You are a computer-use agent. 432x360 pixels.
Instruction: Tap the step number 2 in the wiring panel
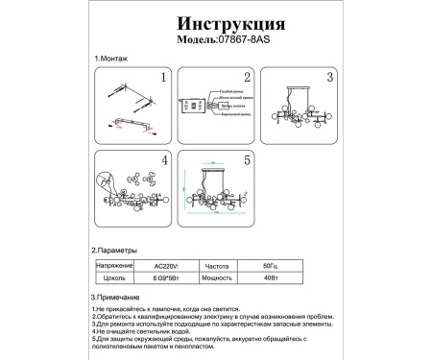247,78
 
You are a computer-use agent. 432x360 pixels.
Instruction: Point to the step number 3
328,77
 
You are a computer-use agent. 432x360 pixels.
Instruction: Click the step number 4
164,159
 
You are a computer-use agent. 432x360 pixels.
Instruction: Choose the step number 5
247,160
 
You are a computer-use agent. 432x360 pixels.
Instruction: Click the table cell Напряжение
114,263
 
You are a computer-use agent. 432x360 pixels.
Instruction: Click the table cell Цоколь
116,276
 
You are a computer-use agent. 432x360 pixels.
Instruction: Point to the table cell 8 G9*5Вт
169,276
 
